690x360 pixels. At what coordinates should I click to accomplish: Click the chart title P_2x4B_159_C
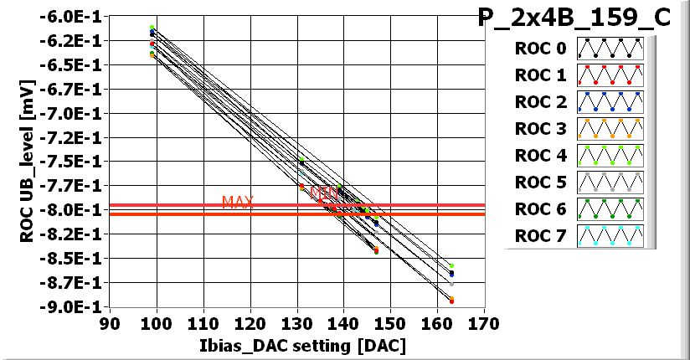pyautogui.click(x=574, y=18)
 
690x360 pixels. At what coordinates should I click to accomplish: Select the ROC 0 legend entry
pyautogui.click(x=540, y=49)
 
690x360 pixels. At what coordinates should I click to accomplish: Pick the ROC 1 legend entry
pyautogui.click(x=540, y=75)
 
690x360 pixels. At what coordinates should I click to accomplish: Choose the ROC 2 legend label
pyautogui.click(x=540, y=102)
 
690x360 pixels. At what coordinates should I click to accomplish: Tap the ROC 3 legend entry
pyautogui.click(x=540, y=129)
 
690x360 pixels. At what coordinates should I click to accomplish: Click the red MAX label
pyautogui.click(x=237, y=203)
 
